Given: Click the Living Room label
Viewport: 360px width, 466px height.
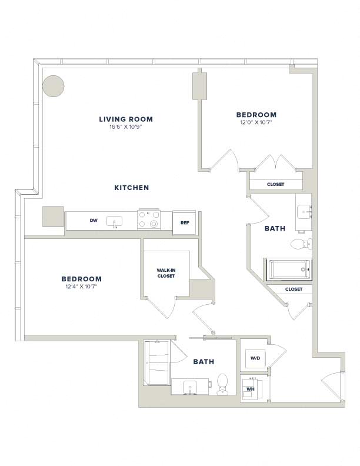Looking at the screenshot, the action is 126,119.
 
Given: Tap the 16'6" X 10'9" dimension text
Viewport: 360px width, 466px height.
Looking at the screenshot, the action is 126,127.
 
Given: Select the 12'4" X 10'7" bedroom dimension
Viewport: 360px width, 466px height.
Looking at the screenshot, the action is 81,287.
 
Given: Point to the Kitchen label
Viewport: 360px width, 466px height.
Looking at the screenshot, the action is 132,188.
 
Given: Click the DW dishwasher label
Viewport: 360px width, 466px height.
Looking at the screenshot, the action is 94,221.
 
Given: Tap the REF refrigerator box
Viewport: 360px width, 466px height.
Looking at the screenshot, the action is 185,222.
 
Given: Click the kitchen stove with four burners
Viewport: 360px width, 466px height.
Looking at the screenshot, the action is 149,219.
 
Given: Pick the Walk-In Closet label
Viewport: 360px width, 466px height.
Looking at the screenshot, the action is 166,273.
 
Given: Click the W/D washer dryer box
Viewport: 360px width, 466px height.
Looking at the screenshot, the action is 255,358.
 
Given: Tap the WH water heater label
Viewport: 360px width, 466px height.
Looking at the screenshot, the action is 251,389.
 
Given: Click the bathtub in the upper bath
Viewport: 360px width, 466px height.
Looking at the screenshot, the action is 289,269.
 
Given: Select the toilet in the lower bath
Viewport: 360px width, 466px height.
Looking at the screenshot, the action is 222,384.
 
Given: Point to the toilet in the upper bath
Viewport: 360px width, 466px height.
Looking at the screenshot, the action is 301,245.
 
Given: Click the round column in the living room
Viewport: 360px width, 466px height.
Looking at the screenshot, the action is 54,86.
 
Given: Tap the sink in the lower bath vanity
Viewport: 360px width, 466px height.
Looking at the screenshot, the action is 189,387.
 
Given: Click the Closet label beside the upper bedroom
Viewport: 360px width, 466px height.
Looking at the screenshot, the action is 276,184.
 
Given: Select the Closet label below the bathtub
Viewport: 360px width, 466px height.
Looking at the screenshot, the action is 294,289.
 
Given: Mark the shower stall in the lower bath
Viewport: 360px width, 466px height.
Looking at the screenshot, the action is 156,363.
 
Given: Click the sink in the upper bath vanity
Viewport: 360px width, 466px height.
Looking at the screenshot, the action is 304,212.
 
